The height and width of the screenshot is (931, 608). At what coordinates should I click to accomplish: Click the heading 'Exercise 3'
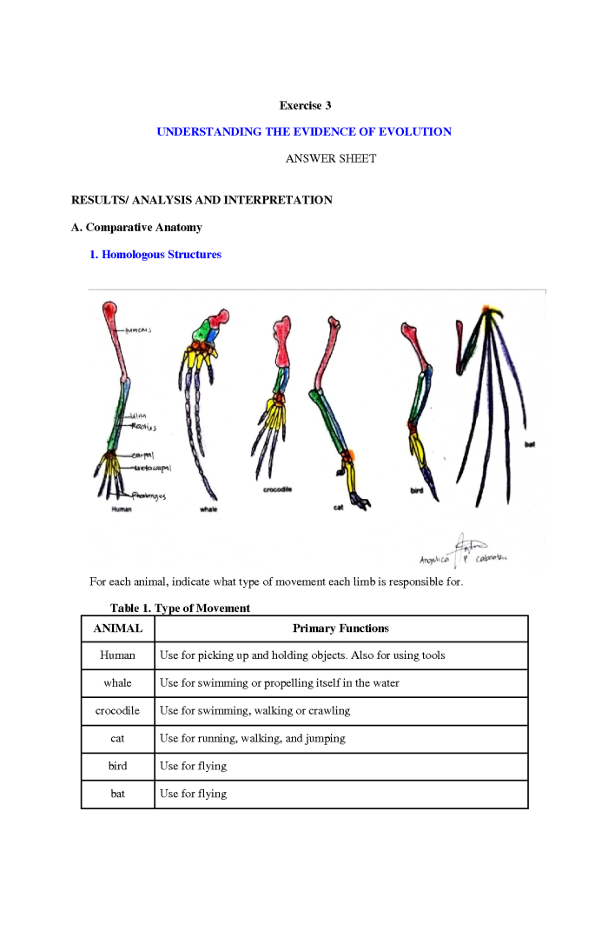(x=305, y=105)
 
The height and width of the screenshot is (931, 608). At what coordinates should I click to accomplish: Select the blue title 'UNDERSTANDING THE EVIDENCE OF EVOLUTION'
(x=304, y=131)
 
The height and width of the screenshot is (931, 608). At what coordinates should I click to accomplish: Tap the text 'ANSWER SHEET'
(x=331, y=158)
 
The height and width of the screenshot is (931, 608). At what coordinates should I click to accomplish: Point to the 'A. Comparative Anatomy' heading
(x=136, y=227)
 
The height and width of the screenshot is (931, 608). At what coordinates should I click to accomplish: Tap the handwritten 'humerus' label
(x=139, y=330)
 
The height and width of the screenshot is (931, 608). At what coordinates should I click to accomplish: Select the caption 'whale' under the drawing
(x=208, y=509)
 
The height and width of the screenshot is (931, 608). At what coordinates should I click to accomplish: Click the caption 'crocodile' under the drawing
(x=277, y=489)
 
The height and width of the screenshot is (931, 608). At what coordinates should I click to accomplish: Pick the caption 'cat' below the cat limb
(x=338, y=508)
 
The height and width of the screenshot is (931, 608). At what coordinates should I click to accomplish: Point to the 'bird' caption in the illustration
(x=416, y=490)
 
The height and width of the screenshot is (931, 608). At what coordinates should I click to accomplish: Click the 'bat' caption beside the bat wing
(x=530, y=445)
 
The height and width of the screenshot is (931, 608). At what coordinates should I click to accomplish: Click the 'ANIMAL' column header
(x=117, y=628)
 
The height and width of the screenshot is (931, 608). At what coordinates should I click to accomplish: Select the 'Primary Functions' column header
(x=340, y=628)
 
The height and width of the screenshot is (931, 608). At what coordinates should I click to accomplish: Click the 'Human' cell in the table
(x=117, y=655)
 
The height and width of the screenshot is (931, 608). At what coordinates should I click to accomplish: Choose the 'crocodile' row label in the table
(x=117, y=711)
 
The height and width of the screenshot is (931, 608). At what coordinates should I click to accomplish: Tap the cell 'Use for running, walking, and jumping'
(x=253, y=739)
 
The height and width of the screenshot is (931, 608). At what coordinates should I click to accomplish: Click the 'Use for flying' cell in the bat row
(x=193, y=794)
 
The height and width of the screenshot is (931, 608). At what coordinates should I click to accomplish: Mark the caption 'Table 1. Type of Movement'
(x=180, y=608)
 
